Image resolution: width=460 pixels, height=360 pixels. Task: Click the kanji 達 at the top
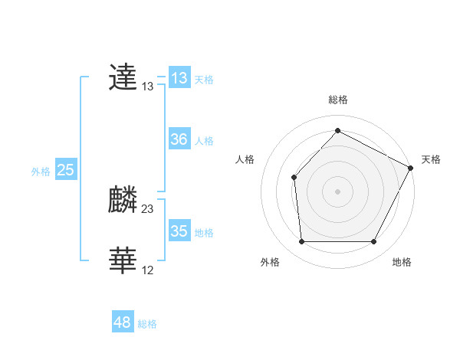point(123,78)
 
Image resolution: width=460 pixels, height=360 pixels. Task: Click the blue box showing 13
point(179,78)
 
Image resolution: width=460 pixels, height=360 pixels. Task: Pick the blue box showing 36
point(179,139)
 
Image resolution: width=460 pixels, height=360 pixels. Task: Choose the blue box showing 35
point(179,231)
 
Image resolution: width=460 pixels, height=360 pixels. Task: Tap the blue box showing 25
point(65,170)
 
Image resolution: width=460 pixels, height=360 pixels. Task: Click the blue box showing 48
point(123,322)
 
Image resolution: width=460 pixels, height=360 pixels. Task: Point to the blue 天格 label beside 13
point(204,79)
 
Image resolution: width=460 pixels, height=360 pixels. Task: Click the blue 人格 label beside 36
point(204,140)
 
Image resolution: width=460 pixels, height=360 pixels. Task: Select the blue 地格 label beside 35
point(204,232)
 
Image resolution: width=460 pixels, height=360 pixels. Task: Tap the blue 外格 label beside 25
point(41,171)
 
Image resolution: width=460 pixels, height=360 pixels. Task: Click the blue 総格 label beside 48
point(147,323)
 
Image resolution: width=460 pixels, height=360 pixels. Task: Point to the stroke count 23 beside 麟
point(148,208)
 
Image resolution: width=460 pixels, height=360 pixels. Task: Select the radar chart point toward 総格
point(337,130)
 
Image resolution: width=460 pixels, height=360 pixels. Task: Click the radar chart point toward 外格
point(301,242)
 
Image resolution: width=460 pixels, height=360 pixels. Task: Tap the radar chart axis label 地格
point(402,263)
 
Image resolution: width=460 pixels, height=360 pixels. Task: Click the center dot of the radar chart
point(337,191)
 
